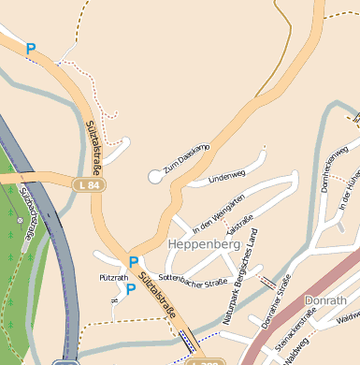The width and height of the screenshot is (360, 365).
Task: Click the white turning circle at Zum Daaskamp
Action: point(155,176)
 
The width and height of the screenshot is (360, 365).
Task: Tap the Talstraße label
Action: point(240,226)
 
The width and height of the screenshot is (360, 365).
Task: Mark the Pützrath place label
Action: point(113,279)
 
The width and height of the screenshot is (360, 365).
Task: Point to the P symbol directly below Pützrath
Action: point(131,290)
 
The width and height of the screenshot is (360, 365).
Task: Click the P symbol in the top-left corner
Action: point(31,49)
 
